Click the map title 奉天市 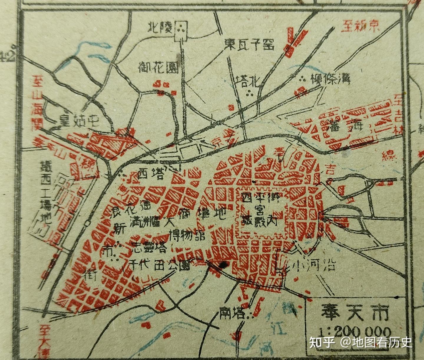355,313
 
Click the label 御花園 158,68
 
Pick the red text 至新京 360,27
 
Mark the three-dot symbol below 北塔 250,94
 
